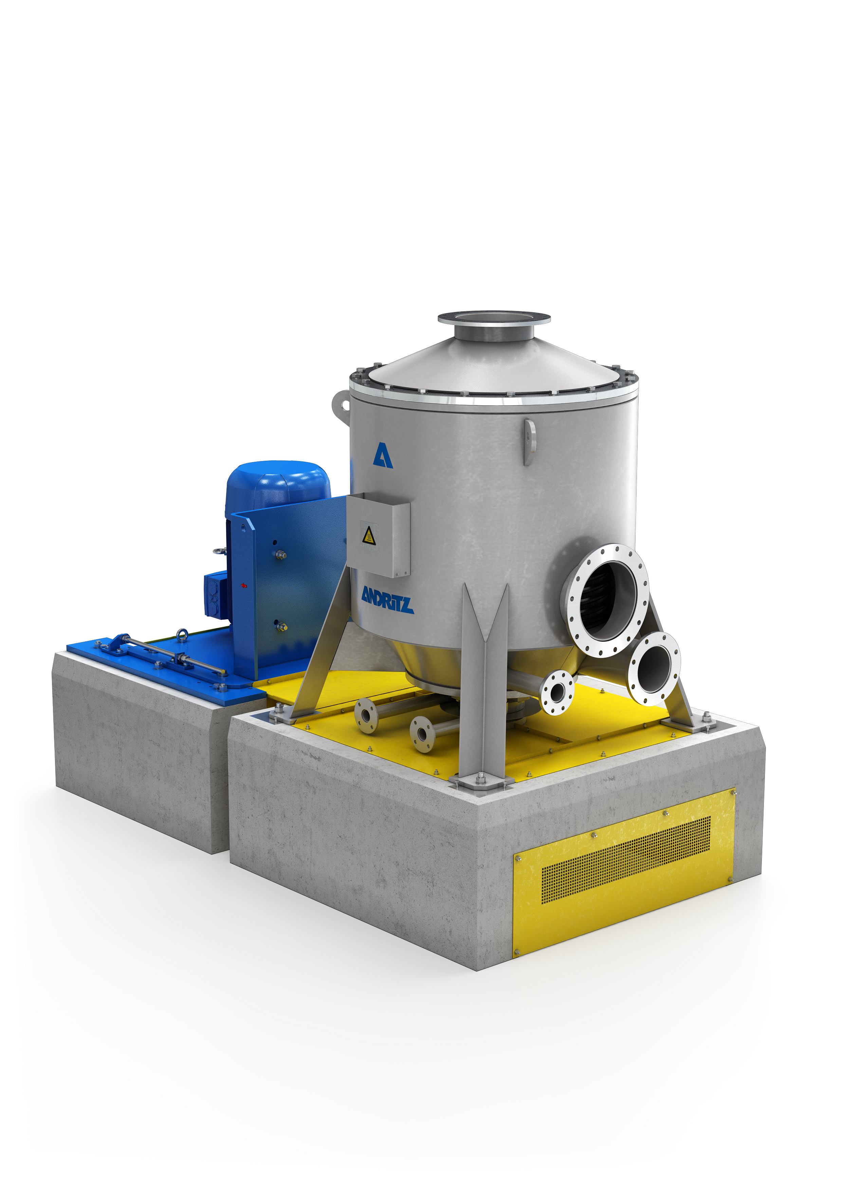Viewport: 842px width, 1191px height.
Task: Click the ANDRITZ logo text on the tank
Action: (387, 601)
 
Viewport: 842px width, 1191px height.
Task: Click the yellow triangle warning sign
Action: (369, 535)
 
